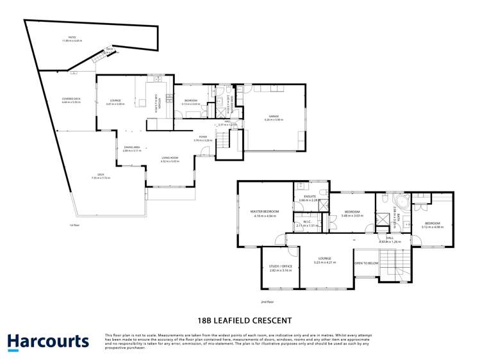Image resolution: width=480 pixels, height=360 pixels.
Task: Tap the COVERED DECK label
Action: tap(71, 99)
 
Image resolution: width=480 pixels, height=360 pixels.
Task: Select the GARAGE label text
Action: tap(274, 116)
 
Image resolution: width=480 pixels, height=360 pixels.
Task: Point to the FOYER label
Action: tap(203, 136)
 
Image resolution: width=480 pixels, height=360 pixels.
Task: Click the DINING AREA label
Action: tap(132, 147)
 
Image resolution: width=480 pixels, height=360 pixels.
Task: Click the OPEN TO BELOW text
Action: tap(367, 263)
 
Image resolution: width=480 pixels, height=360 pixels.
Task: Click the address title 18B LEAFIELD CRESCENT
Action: tap(243, 320)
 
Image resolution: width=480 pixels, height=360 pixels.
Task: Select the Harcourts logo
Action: tap(48, 341)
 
